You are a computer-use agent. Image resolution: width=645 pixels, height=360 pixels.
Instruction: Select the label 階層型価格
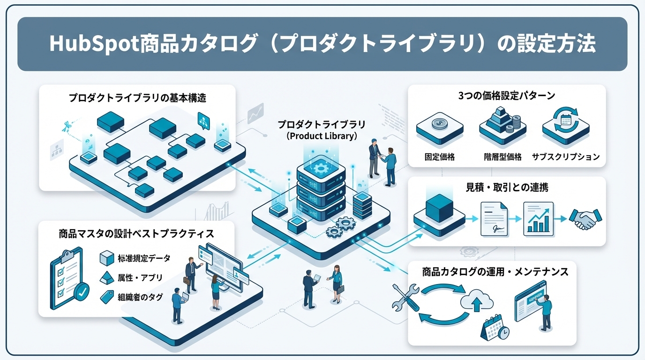click(x=502, y=157)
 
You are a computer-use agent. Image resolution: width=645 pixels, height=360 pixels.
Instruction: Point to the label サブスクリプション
click(x=566, y=157)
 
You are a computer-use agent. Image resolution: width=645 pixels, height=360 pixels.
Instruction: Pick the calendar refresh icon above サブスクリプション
click(x=566, y=120)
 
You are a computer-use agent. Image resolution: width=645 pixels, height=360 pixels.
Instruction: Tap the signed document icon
click(x=494, y=219)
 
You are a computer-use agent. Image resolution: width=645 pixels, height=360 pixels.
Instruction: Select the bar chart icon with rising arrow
click(x=538, y=218)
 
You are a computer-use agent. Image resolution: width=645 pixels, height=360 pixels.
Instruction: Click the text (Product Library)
click(x=322, y=136)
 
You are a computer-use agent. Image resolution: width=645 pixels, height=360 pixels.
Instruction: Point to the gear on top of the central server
click(x=321, y=167)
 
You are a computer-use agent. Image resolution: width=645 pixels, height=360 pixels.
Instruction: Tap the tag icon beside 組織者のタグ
click(x=107, y=297)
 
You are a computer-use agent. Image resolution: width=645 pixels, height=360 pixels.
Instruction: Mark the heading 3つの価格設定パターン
click(x=507, y=96)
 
